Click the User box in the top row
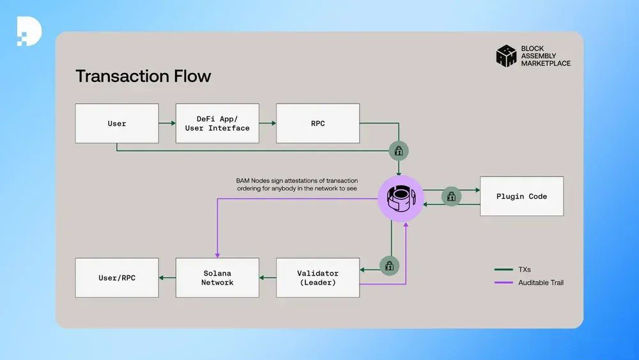pos(117,123)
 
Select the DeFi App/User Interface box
pos(217,123)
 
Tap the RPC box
pos(318,123)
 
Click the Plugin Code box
pos(521,196)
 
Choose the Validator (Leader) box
pos(318,278)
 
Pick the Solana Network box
pos(217,278)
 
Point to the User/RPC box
pos(117,278)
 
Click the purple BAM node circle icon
pos(401,198)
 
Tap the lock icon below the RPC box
pos(399,152)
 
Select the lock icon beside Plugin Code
pos(451,197)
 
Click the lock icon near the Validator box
pos(389,265)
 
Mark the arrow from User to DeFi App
pos(167,123)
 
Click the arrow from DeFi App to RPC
pos(268,123)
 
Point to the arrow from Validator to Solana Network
pos(268,278)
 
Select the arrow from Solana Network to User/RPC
pos(167,278)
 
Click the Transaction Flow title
pos(143,76)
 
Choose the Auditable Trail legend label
pos(541,283)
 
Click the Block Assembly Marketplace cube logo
pos(506,56)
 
